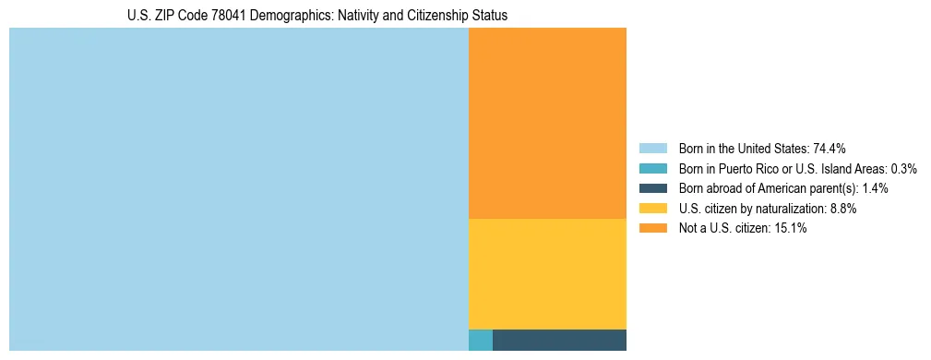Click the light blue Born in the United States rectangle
pyautogui.click(x=238, y=189)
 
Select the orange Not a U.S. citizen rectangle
pyautogui.click(x=547, y=123)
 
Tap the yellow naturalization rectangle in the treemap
pyautogui.click(x=547, y=273)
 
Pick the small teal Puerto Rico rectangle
pyautogui.click(x=481, y=340)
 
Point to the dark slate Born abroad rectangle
pyautogui.click(x=559, y=340)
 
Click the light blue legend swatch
pyautogui.click(x=653, y=148)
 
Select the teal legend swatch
pyautogui.click(x=653, y=168)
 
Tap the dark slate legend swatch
pyautogui.click(x=653, y=188)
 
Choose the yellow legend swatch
pyautogui.click(x=653, y=209)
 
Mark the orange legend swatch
pyautogui.click(x=653, y=229)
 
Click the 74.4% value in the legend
pyautogui.click(x=830, y=148)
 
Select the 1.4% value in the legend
pyautogui.click(x=875, y=188)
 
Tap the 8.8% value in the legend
pyautogui.click(x=841, y=209)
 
